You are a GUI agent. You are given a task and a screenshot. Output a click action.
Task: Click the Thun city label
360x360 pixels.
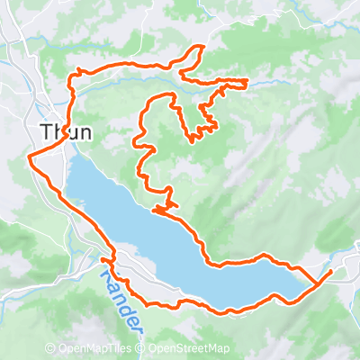tap(66, 131)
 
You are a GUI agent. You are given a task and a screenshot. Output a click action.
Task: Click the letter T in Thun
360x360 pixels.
tap(47, 131)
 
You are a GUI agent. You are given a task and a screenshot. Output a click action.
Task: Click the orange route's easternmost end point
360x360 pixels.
tap(332, 270)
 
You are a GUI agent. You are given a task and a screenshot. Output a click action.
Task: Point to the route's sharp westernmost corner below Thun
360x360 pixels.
tap(31, 157)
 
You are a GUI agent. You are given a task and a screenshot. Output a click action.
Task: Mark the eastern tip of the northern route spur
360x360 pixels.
tap(247, 82)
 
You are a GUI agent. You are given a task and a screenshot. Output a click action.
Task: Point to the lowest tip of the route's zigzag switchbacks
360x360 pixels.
tap(193, 140)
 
